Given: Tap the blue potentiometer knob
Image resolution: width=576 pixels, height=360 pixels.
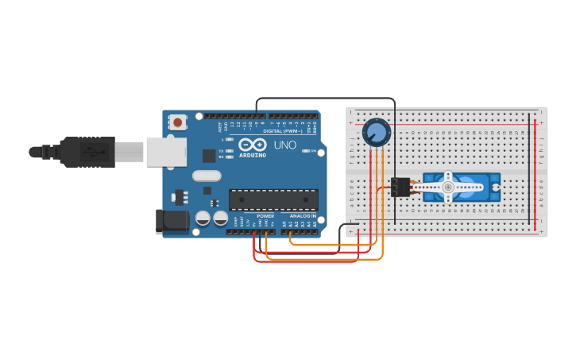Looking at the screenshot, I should tap(376, 133).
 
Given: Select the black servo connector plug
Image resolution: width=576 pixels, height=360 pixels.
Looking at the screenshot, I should tap(400, 188).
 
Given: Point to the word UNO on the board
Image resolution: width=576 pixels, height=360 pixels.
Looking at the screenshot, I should tap(285, 145).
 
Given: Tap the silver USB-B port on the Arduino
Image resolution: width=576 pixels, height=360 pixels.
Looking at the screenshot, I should tap(166, 151).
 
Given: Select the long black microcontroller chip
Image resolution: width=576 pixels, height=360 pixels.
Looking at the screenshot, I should tap(273, 199).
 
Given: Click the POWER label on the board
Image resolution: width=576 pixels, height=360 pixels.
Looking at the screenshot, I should tap(265, 215).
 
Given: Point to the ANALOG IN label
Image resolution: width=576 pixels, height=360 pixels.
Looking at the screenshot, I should tap(302, 215).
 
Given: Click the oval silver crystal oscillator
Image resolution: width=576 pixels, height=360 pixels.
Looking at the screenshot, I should tap(206, 176).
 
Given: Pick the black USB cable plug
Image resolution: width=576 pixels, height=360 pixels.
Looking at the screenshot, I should tap(87, 151).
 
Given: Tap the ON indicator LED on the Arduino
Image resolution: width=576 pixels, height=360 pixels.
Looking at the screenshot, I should tap(309, 151).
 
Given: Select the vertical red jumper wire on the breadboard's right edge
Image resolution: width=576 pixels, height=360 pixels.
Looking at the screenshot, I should tap(535, 171).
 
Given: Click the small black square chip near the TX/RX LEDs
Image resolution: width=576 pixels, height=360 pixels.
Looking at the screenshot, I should tap(209, 156).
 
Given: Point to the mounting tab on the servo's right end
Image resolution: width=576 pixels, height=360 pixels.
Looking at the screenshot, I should tap(496, 188).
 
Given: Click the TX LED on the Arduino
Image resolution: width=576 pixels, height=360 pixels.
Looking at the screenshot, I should tap(230, 150).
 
